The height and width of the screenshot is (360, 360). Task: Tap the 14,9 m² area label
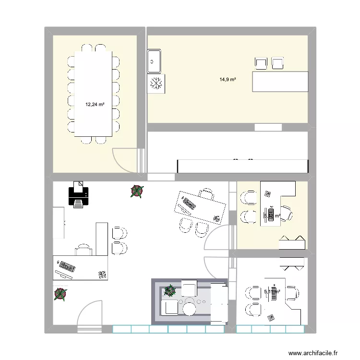pyautogui.click(x=228, y=80)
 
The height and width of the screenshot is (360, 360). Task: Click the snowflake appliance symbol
pyautogui.click(x=156, y=83)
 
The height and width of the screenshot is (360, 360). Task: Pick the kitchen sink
pyautogui.click(x=155, y=61)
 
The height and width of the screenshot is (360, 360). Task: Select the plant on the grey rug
pyautogui.click(x=169, y=291)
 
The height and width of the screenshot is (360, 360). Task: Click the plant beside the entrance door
pyautogui.click(x=60, y=294)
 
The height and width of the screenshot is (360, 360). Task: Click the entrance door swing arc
pyautogui.click(x=89, y=312)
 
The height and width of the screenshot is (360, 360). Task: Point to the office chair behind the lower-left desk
pyautogui.click(x=83, y=250)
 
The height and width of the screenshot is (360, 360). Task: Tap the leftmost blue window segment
pyautogui.click(x=121, y=329)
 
